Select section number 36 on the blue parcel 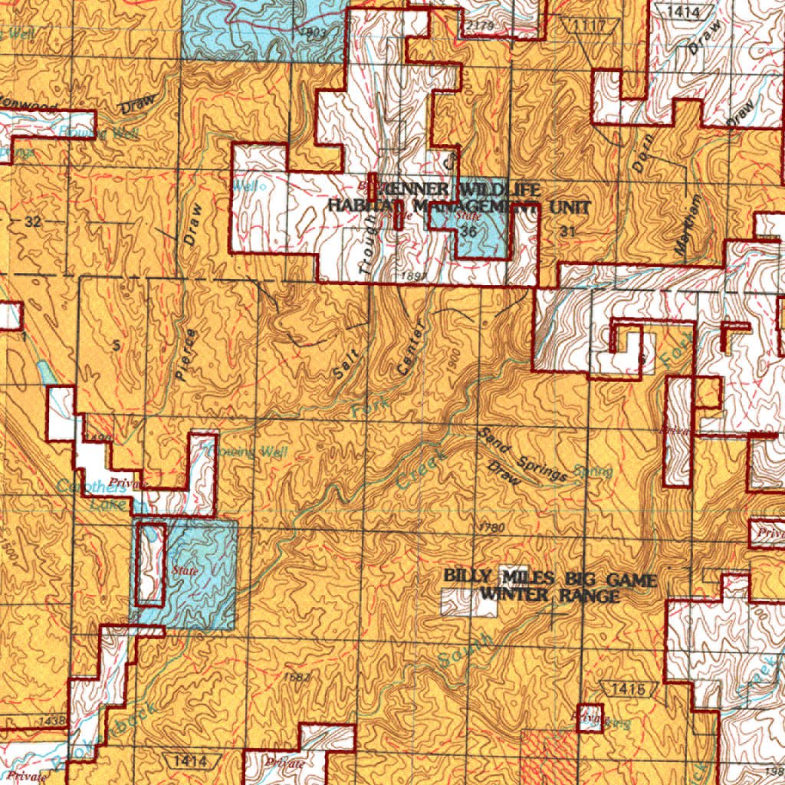click(469, 231)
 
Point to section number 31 click(567, 231)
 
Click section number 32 click(31, 222)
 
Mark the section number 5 click(115, 346)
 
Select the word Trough click(370, 245)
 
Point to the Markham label click(688, 224)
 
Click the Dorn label click(642, 152)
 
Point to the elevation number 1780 click(491, 528)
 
